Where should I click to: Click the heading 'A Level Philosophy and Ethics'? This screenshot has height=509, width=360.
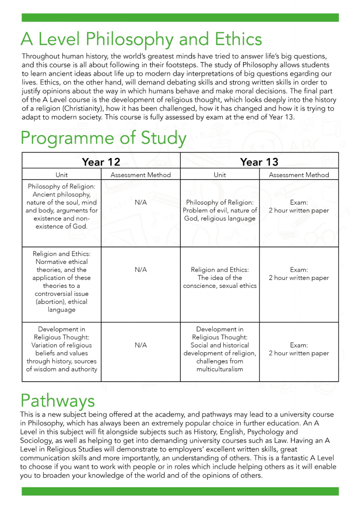tap(141, 39)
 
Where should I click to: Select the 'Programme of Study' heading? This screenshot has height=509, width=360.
tap(103, 138)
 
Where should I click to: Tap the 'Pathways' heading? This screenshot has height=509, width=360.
tap(57, 400)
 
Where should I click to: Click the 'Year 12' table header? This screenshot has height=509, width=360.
tap(101, 162)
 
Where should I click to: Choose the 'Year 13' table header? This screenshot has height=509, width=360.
tap(259, 162)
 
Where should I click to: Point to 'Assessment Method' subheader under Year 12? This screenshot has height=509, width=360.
tap(141, 175)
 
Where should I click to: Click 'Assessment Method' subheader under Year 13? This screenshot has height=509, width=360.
tap(299, 175)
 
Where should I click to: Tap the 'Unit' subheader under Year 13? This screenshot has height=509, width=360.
tap(220, 175)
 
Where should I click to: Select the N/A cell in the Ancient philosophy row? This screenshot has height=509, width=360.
tap(141, 203)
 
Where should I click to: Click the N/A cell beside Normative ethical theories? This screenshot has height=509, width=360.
tap(141, 270)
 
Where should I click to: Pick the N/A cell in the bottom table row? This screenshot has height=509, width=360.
tap(141, 345)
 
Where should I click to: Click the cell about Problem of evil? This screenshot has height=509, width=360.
tap(220, 211)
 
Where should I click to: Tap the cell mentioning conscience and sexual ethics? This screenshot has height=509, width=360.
tap(220, 278)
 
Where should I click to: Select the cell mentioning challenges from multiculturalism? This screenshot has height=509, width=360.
tap(220, 349)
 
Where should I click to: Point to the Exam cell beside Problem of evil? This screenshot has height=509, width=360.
tap(299, 207)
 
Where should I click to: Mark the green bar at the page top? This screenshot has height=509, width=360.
tap(180, 17)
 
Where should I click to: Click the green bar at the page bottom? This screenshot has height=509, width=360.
tap(180, 491)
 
